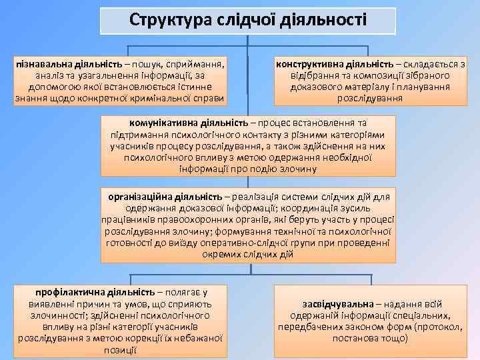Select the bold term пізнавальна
coord(45,65)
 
